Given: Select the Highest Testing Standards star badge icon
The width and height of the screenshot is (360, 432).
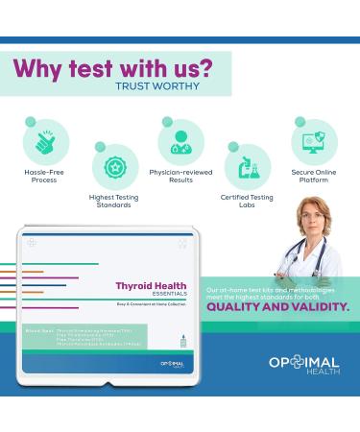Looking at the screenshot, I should click(x=115, y=165).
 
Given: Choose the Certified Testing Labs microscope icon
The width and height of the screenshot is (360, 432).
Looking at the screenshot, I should click(x=247, y=165).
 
